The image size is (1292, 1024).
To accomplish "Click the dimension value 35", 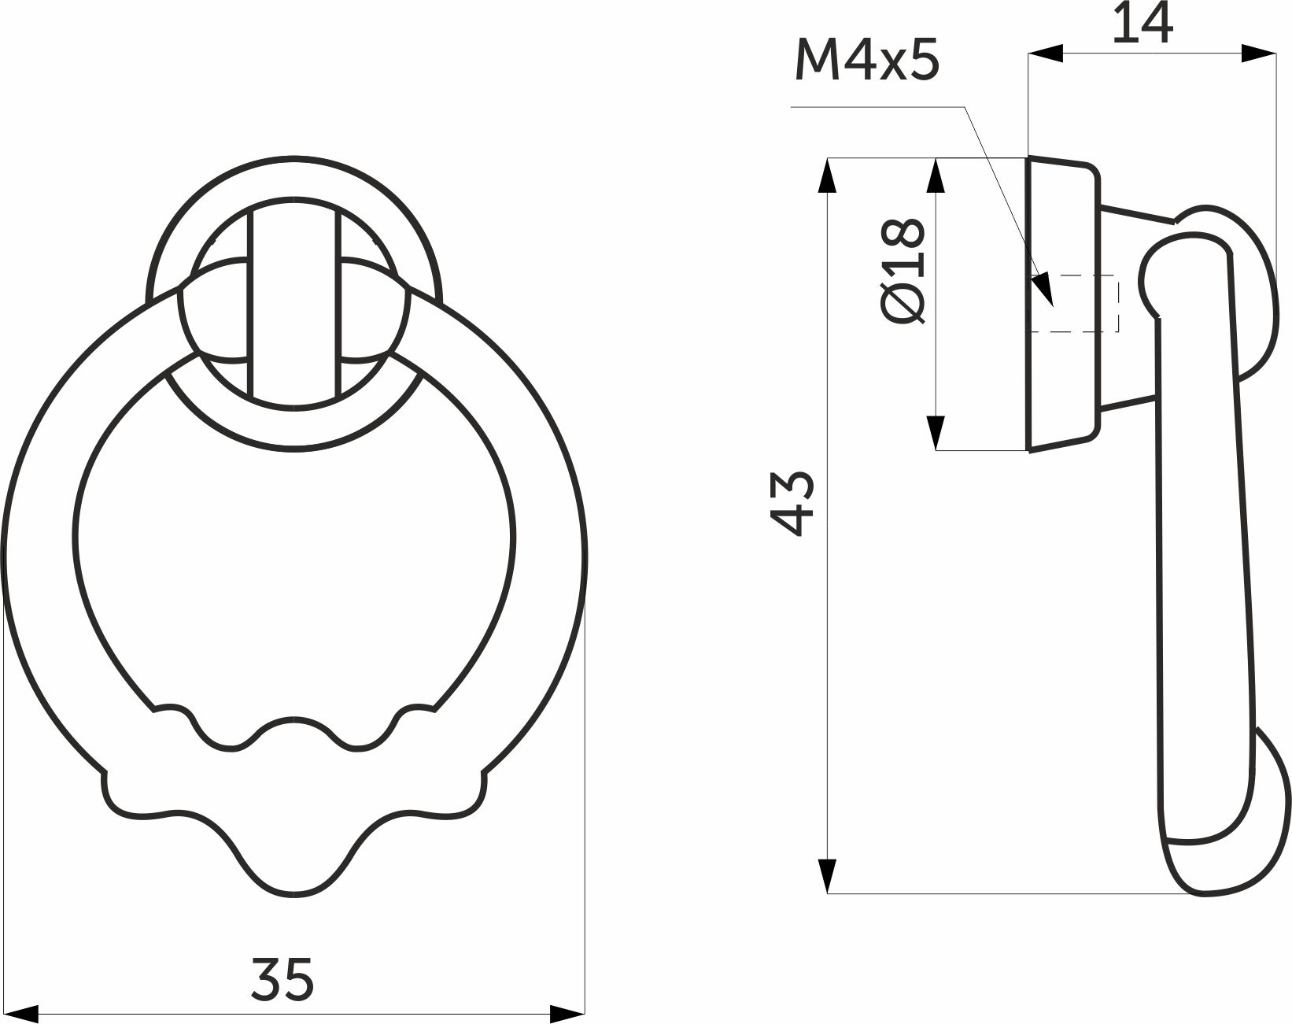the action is tap(282, 979).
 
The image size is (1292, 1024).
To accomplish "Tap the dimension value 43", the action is tap(792, 503).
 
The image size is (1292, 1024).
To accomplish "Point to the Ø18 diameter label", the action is tap(902, 272).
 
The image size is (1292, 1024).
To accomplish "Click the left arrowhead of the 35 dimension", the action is tap(21, 1015).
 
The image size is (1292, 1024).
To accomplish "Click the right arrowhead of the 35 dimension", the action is tap(567, 1015).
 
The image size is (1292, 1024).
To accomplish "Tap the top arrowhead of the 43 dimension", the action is tap(828, 176).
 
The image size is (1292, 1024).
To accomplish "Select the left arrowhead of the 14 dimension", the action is tap(1045, 53).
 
